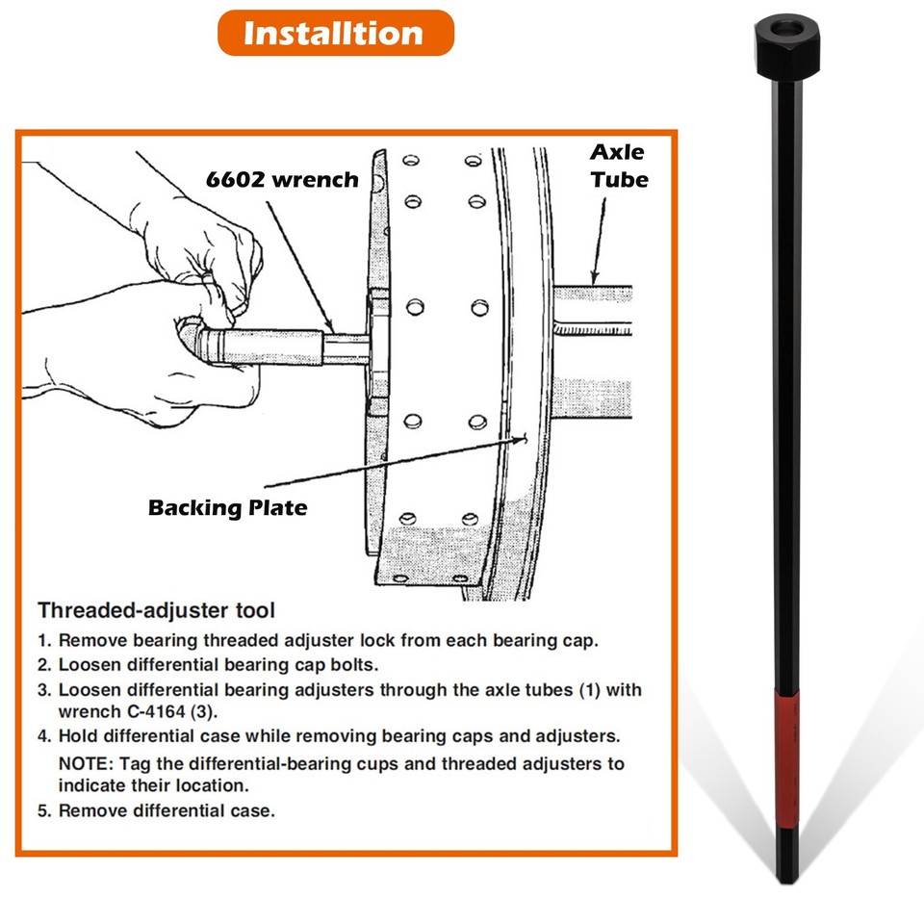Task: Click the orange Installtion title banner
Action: coord(334,33)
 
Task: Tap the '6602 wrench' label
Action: coord(280,179)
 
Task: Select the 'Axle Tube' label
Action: coord(618,166)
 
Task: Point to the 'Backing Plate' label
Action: coord(228,507)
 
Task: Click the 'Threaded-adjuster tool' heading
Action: coord(156,610)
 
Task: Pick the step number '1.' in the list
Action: coord(44,640)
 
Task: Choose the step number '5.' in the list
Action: coord(44,810)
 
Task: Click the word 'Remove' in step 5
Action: coord(91,810)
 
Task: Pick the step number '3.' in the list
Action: coord(44,690)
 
